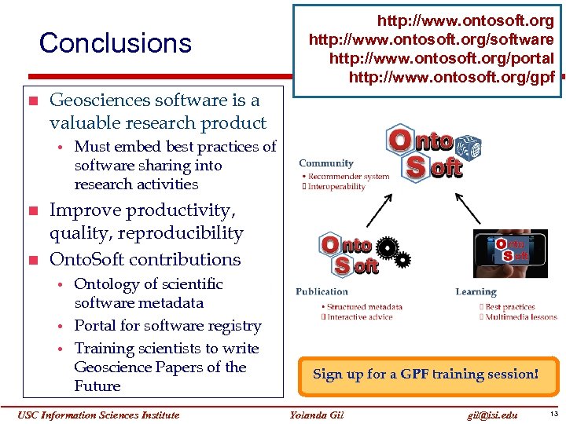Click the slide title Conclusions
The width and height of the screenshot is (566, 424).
[x=116, y=43]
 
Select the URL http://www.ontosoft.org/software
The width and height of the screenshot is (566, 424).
[x=431, y=39]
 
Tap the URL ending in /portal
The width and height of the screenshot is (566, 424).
[x=441, y=58]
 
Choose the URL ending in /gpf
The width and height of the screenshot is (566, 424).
[x=451, y=77]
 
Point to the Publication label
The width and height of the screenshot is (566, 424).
[x=322, y=292]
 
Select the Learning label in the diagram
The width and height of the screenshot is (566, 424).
[x=476, y=292]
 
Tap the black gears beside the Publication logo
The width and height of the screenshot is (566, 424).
[x=393, y=252]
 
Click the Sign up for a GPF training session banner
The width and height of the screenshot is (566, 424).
[x=425, y=375]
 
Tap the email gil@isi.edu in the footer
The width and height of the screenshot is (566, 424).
[x=492, y=415]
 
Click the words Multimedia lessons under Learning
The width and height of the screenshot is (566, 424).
[x=521, y=316]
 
